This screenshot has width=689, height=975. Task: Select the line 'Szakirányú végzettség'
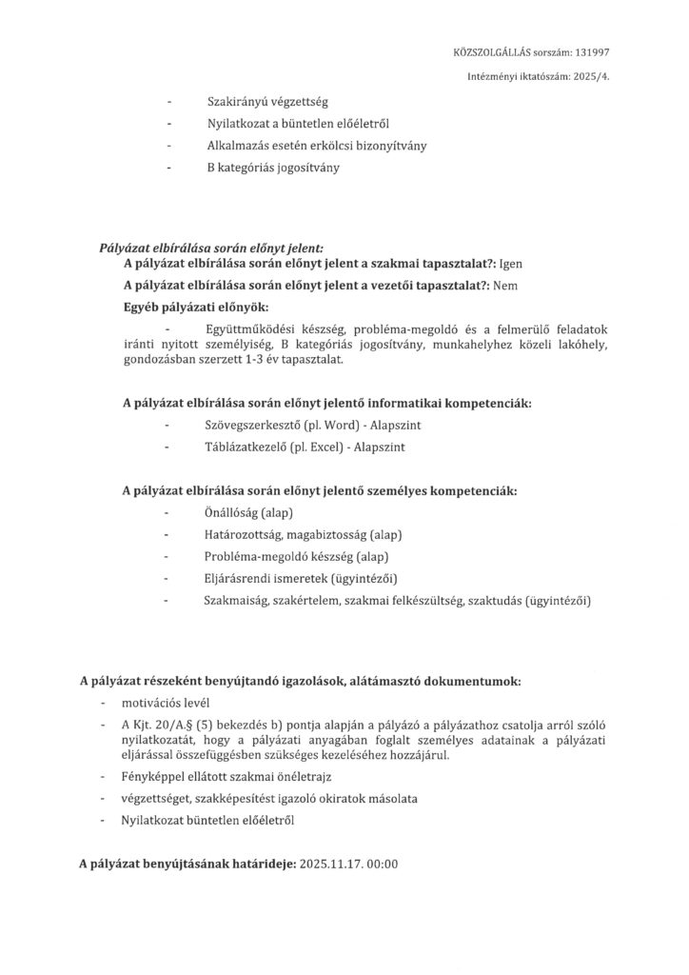(x=266, y=101)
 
